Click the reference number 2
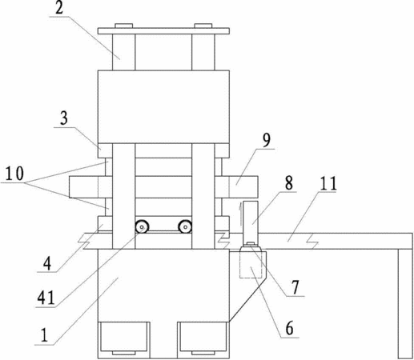pos(59,8)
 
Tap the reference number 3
pos(64,118)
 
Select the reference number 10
pos(14,174)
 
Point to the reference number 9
pos(266,140)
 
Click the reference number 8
pos(288,183)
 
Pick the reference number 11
pos(328,183)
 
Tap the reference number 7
pos(295,287)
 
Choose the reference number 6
pos(289,329)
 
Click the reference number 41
pos(46,298)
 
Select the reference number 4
pos(47,264)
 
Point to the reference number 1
pos(44,335)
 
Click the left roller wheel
pos(142,227)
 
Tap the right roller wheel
pos(185,227)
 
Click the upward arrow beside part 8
pos(241,214)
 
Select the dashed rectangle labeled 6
pos(253,265)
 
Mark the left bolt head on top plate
pos(124,26)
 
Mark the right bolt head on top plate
pos(203,26)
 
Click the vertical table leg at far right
pos(405,304)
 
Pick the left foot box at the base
pos(123,338)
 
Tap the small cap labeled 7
pos(251,243)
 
